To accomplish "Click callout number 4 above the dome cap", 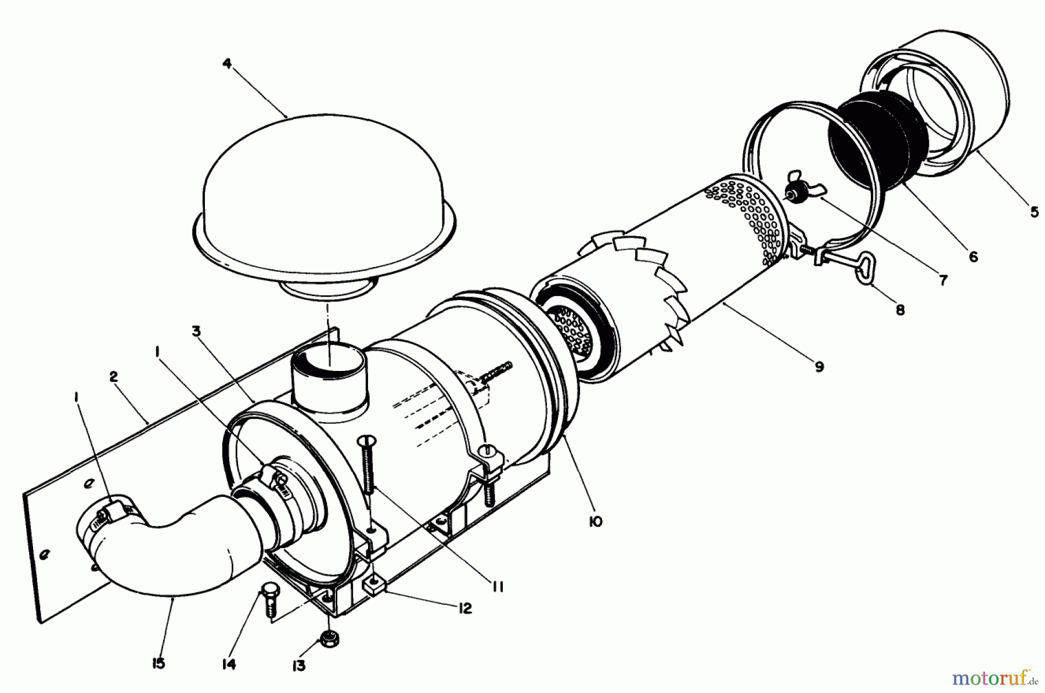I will click(x=227, y=63).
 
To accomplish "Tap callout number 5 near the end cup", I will click(x=1035, y=212).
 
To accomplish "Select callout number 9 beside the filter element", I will click(x=819, y=367).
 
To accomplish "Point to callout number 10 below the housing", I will click(x=594, y=521).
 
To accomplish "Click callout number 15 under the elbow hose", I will click(x=158, y=663).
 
